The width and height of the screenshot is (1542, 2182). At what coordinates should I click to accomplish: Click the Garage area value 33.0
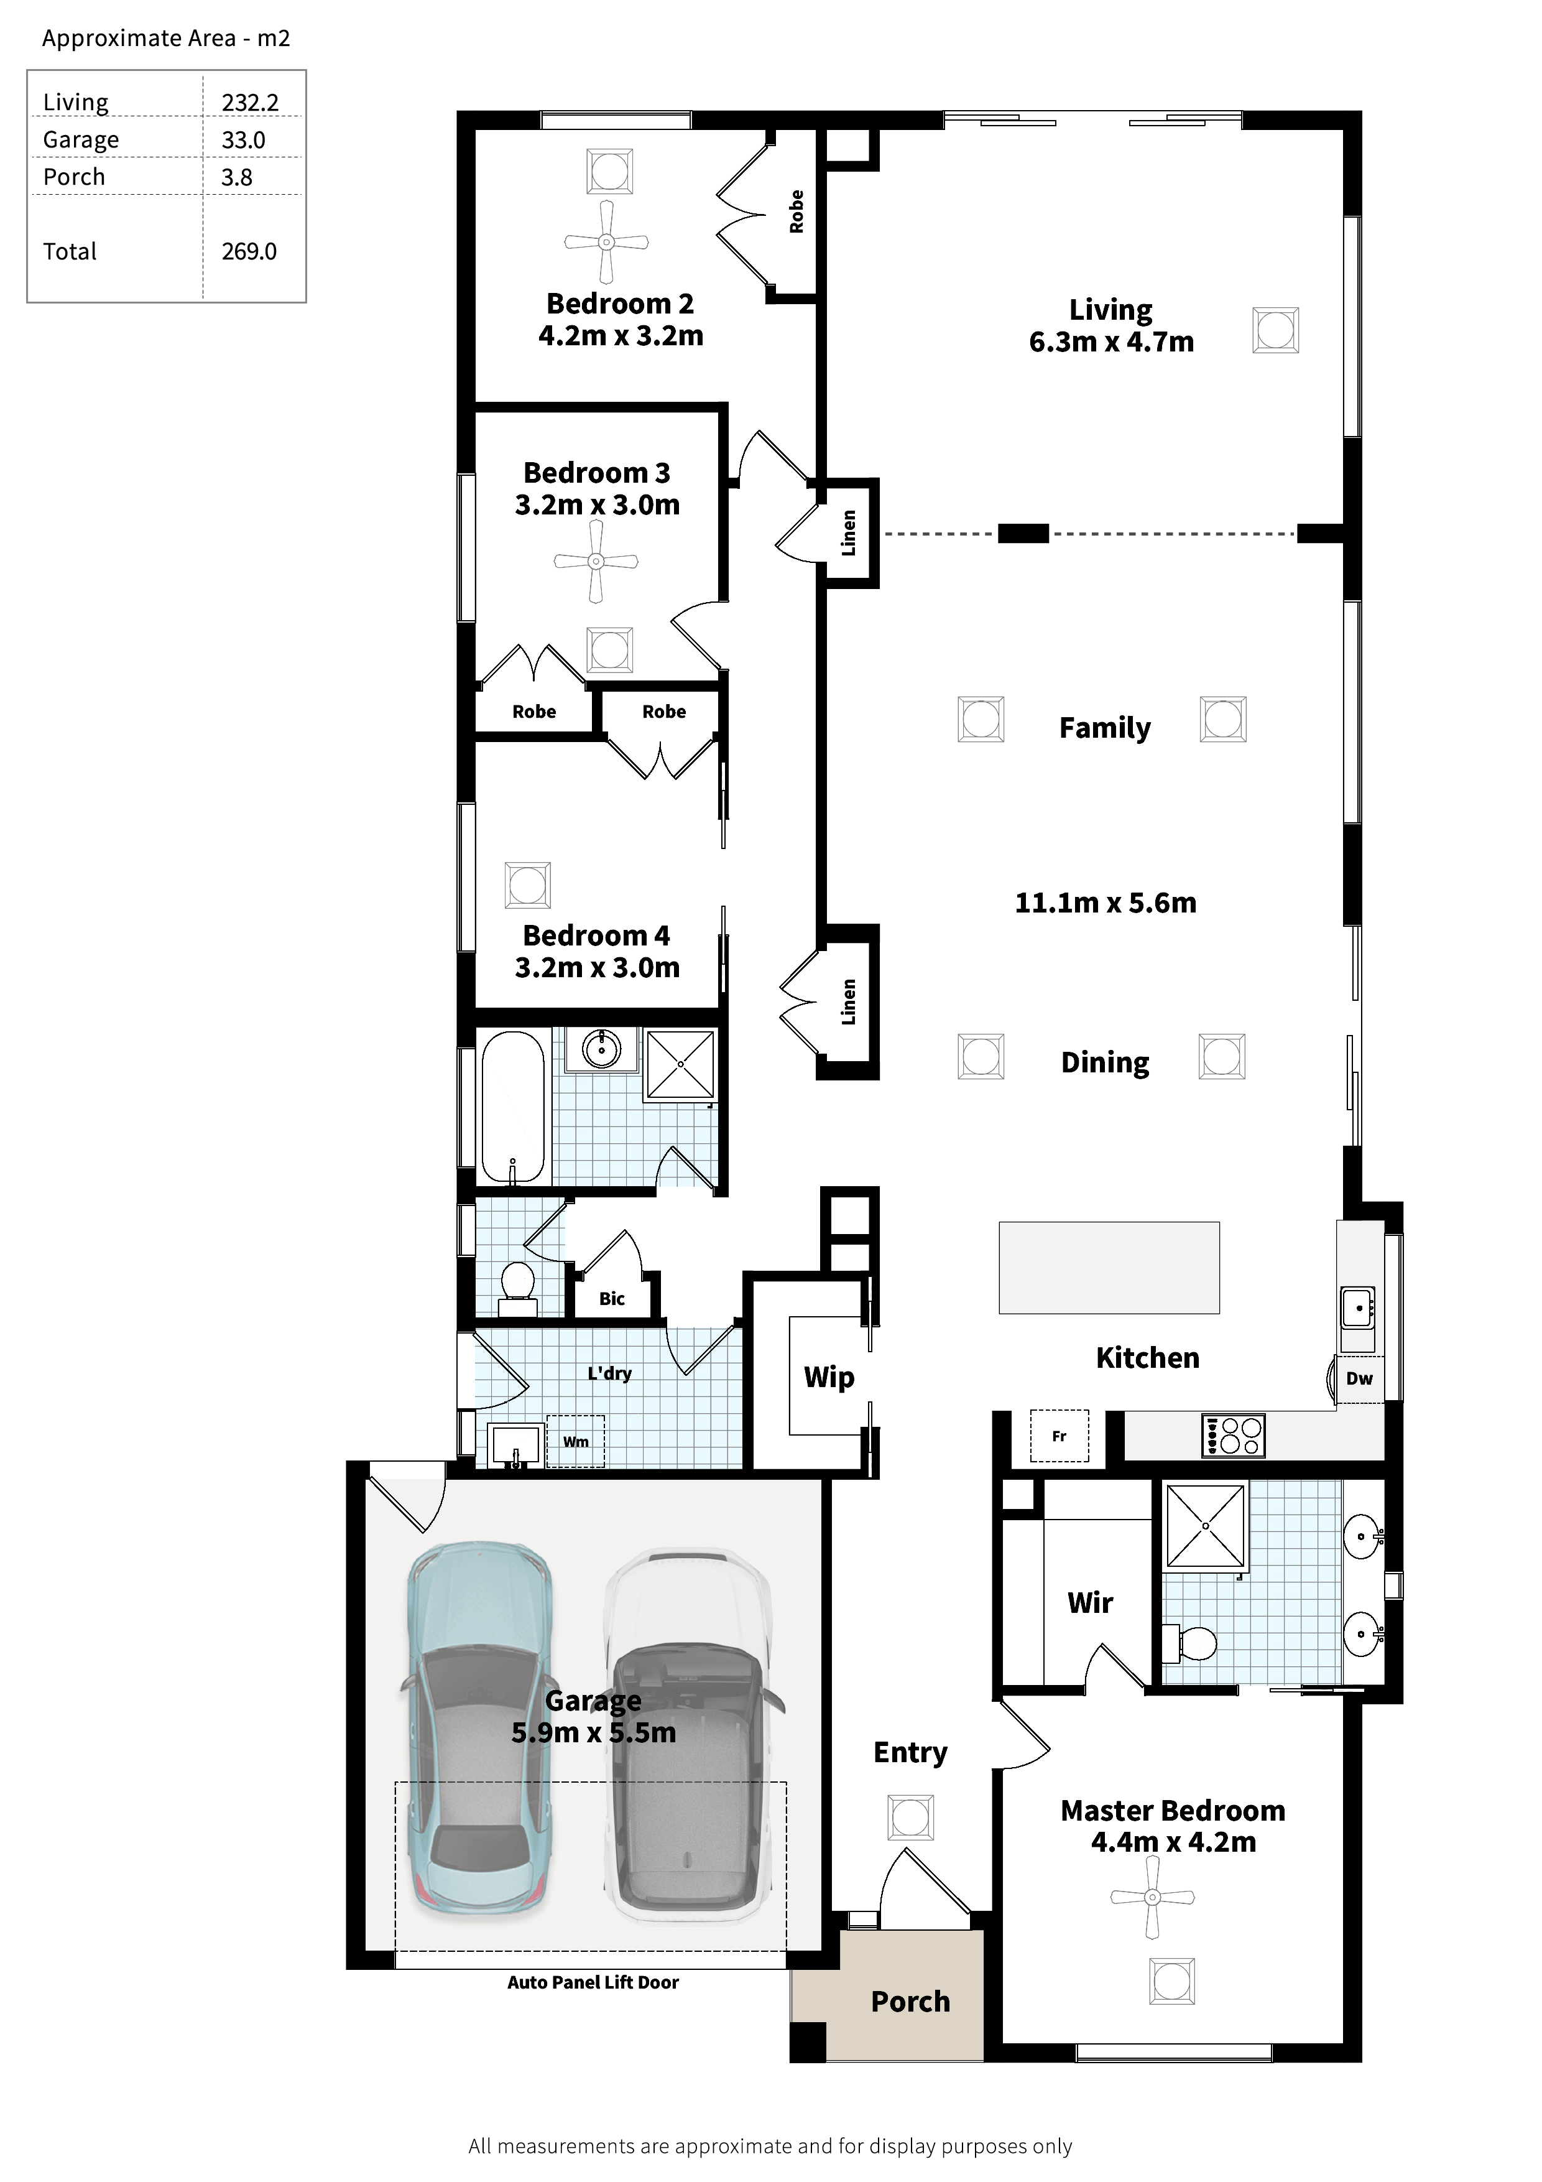point(243,140)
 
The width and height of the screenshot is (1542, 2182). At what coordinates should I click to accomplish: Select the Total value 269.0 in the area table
point(249,252)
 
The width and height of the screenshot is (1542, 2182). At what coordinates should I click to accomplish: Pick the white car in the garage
point(688,1735)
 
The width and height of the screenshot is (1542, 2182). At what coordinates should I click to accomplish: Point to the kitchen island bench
point(1109,1268)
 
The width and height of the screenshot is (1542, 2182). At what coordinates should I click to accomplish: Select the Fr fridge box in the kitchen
point(1060,1436)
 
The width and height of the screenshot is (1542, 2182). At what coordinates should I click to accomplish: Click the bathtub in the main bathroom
point(513,1107)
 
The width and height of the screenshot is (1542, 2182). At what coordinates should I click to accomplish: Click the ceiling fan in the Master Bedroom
point(1153,1898)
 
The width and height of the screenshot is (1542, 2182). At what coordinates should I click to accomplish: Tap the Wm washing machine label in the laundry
point(576,1442)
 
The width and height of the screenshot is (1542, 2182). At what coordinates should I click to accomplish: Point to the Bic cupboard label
point(612,1298)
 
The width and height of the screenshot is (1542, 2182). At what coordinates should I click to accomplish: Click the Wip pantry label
point(828,1377)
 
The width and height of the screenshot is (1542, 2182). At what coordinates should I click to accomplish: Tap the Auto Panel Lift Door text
point(593,1982)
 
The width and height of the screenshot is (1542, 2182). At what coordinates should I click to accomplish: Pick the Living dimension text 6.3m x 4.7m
point(1110,342)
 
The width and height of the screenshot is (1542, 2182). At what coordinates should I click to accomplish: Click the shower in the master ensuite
point(1206,1526)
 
